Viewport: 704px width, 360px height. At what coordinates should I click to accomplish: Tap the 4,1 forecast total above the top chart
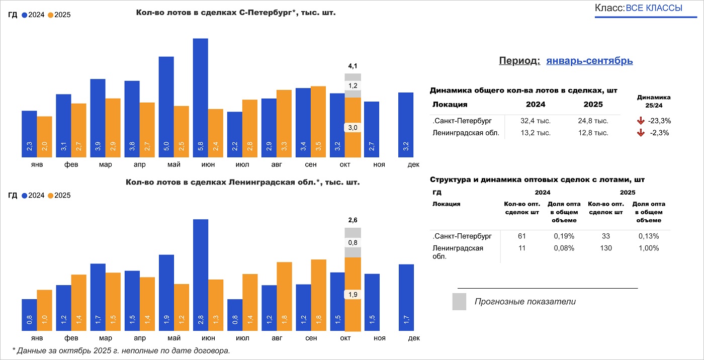coord(353,66)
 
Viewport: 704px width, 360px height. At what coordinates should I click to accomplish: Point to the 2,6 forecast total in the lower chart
coord(353,220)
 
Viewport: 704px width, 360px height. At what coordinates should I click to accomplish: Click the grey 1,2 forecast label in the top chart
coord(353,85)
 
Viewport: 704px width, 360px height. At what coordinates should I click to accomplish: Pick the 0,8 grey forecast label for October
coord(353,243)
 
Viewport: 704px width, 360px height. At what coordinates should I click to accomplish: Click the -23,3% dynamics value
coord(660,121)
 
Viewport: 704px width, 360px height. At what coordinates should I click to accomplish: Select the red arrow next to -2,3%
coord(641,133)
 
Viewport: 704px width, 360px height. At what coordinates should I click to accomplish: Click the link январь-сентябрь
coord(589,61)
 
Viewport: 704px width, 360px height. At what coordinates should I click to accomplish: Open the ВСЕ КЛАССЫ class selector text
coord(654,8)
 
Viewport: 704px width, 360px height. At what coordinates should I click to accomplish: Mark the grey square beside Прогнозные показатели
coord(459,302)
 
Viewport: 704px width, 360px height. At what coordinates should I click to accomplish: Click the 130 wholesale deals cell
coord(606,248)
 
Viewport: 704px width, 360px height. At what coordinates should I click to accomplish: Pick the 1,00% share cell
coord(649,248)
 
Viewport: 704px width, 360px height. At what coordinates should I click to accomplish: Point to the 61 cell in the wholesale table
coord(521,236)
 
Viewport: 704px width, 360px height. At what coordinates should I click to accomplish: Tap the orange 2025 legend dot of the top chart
coord(50,15)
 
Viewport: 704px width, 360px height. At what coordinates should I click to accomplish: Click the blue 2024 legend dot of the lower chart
coord(25,196)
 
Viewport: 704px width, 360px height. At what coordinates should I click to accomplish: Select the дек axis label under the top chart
coord(413,164)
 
